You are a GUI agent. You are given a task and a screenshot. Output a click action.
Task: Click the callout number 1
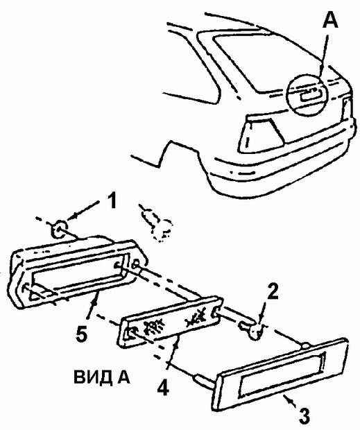110,200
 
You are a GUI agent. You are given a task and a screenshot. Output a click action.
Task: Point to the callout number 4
164,387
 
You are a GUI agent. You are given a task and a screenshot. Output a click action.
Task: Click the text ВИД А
102,377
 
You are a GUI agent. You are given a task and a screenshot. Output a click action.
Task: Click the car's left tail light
261,134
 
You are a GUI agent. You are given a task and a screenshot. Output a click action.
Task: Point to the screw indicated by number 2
251,329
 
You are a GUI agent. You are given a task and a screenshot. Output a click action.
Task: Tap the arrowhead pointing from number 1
69,218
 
